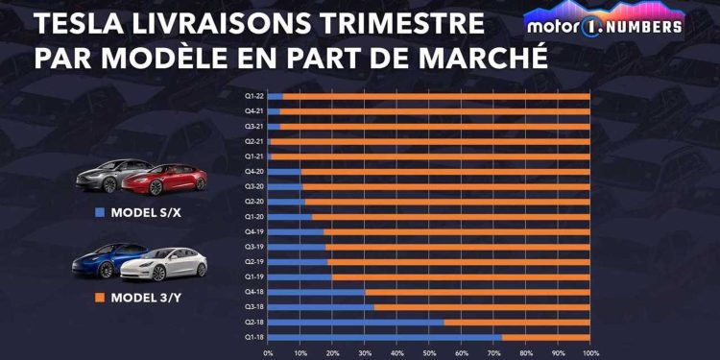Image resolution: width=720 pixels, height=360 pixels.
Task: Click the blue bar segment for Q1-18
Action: tap(384, 336)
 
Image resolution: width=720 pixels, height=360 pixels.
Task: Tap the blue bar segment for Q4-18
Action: tap(316, 291)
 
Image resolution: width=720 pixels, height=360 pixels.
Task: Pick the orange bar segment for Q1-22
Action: tap(436, 96)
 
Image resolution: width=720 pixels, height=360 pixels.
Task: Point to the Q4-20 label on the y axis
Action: tap(254, 171)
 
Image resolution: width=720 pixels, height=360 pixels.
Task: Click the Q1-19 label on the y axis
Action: tap(254, 276)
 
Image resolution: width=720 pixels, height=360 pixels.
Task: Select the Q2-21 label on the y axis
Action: tap(254, 141)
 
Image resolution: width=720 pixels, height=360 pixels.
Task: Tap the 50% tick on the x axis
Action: tap(429, 351)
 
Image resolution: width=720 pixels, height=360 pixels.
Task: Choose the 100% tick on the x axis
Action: tap(589, 351)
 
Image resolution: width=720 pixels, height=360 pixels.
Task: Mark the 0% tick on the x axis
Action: tap(268, 351)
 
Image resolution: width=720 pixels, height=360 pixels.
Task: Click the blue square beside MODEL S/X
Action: tap(101, 211)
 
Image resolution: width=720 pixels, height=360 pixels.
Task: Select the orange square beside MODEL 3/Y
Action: tap(101, 298)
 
